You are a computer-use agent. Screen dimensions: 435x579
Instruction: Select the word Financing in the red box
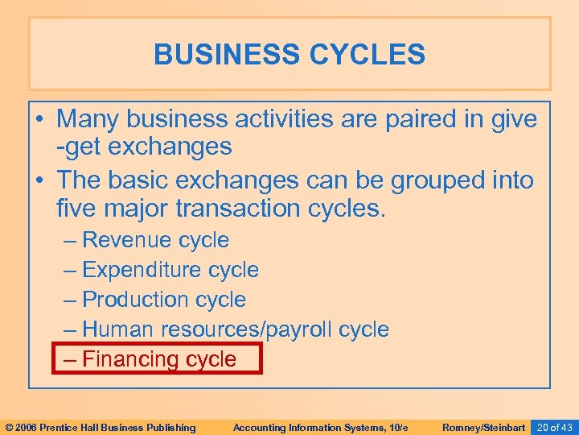point(132,359)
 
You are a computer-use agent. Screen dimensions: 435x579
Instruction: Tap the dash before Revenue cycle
point(70,240)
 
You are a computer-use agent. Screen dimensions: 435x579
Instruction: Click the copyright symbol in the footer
point(10,427)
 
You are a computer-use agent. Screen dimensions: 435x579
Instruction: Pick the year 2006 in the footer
point(27,427)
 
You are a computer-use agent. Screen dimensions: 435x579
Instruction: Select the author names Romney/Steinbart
point(484,427)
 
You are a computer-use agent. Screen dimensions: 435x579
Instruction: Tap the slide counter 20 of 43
point(554,427)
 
